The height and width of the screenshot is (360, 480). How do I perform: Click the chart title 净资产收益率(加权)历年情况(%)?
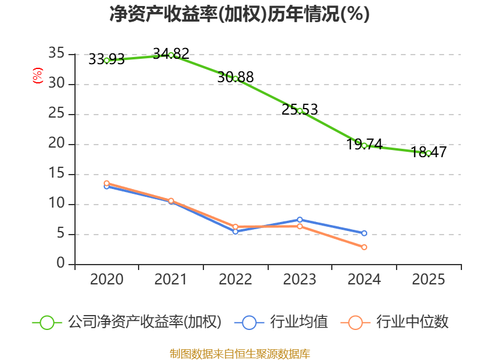[239, 14]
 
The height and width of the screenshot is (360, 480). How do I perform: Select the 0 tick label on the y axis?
[60, 264]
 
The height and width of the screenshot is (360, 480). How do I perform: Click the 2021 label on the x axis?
[171, 280]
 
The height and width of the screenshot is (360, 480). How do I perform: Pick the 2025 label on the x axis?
[428, 280]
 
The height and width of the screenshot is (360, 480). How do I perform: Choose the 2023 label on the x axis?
[299, 280]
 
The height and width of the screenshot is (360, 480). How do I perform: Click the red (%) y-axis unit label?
[38, 76]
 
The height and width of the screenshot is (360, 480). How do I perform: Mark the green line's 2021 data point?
[171, 55]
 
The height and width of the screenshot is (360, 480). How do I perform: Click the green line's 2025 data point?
[428, 153]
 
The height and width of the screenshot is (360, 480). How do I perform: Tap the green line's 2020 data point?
[107, 60]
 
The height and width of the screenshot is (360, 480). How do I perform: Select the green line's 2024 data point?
[364, 145]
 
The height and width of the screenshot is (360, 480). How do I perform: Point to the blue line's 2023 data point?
[299, 220]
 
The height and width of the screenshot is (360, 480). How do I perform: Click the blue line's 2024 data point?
[364, 233]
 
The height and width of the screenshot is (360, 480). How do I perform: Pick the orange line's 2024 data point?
[364, 247]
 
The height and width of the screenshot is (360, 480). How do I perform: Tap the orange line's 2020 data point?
[107, 183]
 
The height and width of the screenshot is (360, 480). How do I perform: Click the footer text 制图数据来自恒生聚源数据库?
[239, 353]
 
